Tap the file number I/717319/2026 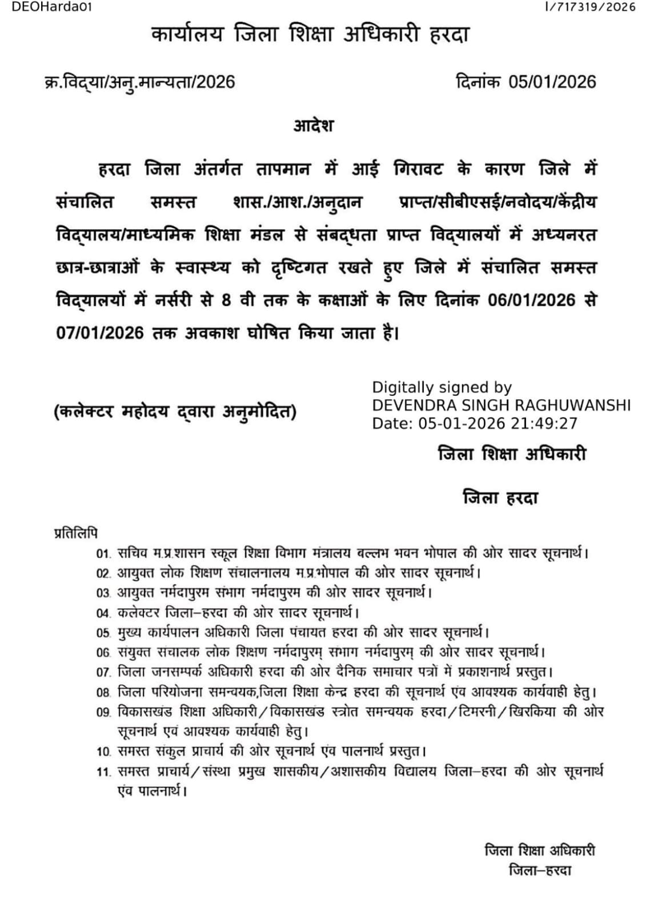coord(590,7)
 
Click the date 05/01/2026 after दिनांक coord(552,82)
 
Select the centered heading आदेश coord(314,126)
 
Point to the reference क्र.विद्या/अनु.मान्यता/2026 coord(140,82)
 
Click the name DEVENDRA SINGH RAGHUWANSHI coord(501,405)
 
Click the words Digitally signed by coord(442,387)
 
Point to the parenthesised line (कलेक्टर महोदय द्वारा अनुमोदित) coord(175,411)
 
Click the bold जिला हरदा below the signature coord(500,498)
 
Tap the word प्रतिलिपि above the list coord(76,533)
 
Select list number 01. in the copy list coord(103,554)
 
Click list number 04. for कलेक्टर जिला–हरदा coord(103,614)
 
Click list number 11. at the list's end coord(103,772)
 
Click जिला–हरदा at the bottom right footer coord(540,871)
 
